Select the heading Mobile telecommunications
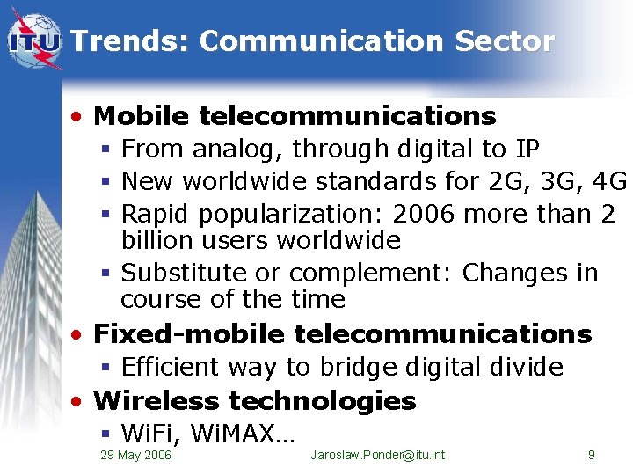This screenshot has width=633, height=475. pos(295,116)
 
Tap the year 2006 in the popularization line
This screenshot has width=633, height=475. pos(425,214)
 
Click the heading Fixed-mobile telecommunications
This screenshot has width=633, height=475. pos(342,334)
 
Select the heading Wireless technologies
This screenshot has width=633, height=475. pos(254,401)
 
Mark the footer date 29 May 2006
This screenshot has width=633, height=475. pos(136,455)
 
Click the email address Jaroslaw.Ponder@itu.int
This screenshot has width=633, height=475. pos(378,455)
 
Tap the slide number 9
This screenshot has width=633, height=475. pos(592,455)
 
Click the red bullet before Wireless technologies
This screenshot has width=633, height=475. pos(79,402)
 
